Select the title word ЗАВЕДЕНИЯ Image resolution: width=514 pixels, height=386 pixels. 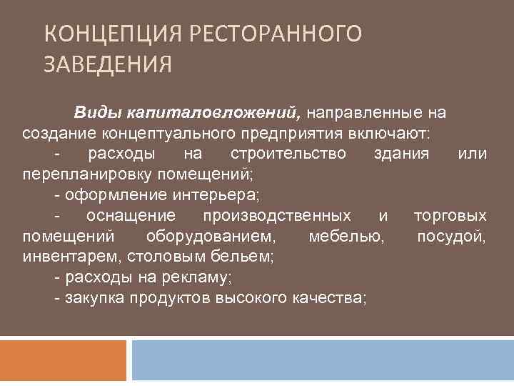tap(107, 66)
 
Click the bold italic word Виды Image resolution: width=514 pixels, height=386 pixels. tap(97, 113)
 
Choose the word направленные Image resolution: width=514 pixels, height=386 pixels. tap(363, 113)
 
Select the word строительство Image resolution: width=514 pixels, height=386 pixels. tap(288, 154)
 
